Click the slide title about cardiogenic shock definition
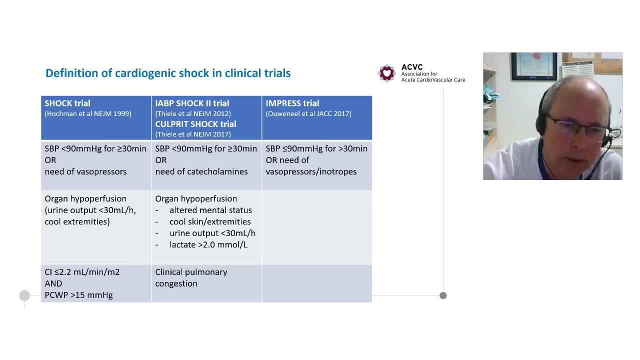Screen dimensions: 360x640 point(168,73)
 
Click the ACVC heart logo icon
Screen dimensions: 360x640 point(386,73)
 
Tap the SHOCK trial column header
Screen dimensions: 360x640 point(67,103)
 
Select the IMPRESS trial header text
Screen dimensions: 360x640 point(292,103)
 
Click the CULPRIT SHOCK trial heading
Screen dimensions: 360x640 point(195,124)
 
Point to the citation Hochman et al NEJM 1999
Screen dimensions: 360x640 point(88,113)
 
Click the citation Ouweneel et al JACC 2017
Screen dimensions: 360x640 point(308,113)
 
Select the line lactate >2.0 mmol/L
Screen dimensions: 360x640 point(208,244)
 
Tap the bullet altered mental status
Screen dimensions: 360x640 point(210,210)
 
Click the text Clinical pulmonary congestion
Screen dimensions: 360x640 point(191,277)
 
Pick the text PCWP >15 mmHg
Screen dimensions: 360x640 point(78,295)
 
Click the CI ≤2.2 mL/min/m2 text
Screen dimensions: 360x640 point(82,272)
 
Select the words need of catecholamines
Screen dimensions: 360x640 point(201,171)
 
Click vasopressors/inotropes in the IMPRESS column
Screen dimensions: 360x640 point(311,171)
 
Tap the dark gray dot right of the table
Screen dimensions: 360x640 point(443,295)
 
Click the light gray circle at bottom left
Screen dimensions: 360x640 point(24,295)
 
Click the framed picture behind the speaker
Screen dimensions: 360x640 point(533,66)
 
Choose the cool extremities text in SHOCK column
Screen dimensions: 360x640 point(77,221)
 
